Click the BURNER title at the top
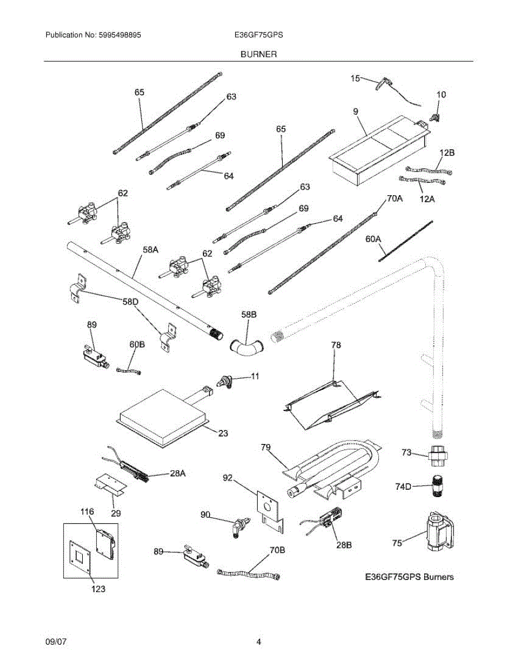coord(259,54)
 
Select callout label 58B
coord(249,315)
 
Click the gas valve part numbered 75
coord(439,528)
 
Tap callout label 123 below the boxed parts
coord(97,588)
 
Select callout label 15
coord(355,78)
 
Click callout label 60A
coord(373,239)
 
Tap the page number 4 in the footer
coord(259,642)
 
